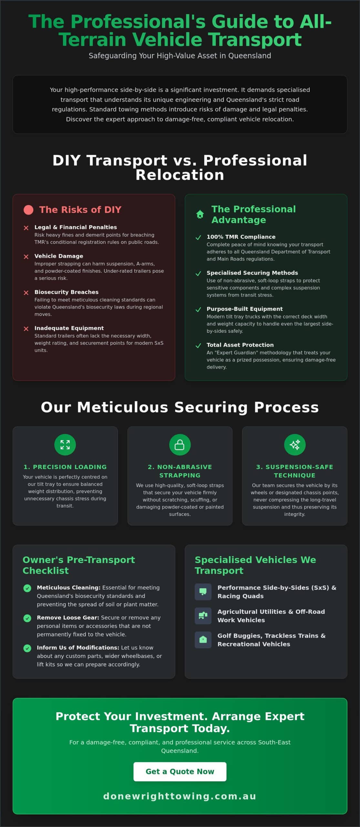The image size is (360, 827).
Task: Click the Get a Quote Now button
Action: [x=180, y=771]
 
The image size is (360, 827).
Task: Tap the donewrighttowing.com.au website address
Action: [x=180, y=796]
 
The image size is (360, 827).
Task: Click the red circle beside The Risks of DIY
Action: [x=28, y=210]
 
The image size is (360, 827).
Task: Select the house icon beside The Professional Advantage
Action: [x=200, y=214]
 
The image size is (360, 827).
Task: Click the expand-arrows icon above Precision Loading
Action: [x=65, y=445]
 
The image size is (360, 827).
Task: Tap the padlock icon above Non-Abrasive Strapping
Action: [x=180, y=445]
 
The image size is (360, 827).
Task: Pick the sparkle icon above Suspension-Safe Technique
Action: [x=294, y=445]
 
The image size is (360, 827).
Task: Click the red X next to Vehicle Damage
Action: [x=26, y=256]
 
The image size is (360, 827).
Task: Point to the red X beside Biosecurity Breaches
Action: [x=26, y=293]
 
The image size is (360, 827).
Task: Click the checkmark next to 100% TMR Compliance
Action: [x=198, y=237]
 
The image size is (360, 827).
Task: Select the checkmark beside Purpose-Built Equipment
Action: [x=198, y=309]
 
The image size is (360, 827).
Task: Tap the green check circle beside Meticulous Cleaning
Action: [x=27, y=588]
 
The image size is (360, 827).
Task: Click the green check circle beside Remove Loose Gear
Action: [x=27, y=618]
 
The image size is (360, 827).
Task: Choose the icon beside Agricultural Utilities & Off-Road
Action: [x=203, y=616]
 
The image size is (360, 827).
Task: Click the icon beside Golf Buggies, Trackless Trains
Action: [x=203, y=640]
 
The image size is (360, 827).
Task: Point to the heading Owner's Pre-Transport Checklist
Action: [x=79, y=565]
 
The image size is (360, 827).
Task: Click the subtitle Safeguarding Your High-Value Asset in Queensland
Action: [x=180, y=56]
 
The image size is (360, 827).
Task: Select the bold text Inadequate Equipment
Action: [x=69, y=328]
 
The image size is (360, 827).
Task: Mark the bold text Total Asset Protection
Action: [x=240, y=345]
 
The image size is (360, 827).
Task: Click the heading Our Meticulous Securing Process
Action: [x=180, y=407]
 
